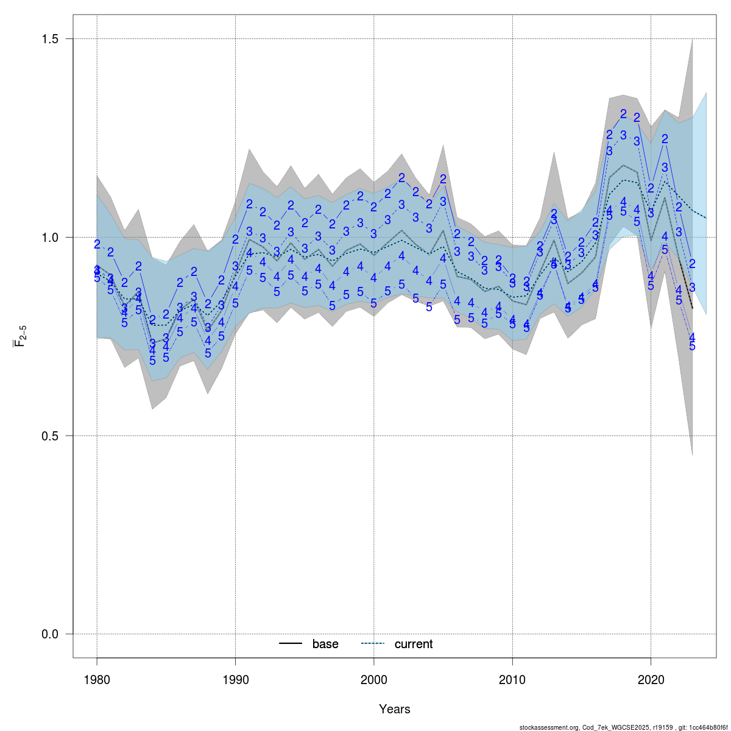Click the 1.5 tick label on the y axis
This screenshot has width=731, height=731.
(50, 39)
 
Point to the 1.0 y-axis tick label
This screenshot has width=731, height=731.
(50, 238)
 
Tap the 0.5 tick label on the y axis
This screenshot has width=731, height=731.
(50, 436)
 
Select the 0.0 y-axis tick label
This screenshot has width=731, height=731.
(50, 634)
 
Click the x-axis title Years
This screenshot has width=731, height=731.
(394, 709)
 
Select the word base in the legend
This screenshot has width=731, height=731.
(325, 644)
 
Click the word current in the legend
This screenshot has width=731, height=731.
(414, 644)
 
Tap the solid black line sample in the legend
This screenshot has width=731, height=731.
(291, 644)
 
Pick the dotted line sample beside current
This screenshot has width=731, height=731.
(373, 644)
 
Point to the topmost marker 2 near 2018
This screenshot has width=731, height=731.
(623, 114)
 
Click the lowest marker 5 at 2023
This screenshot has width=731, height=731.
(692, 346)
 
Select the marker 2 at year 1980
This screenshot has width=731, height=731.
(97, 244)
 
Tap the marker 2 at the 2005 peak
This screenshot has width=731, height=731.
(443, 179)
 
